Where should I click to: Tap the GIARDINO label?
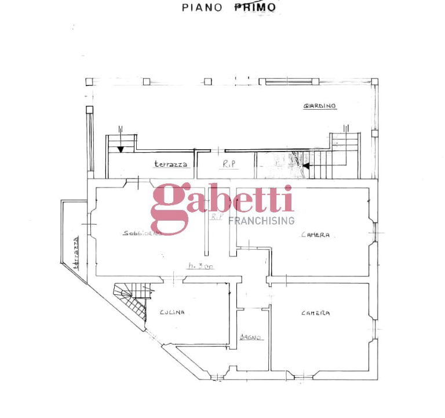click(320, 106)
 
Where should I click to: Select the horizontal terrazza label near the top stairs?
click(171, 164)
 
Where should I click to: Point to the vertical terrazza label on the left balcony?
click(75, 254)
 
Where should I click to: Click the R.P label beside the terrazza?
click(229, 164)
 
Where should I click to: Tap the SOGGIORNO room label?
click(142, 233)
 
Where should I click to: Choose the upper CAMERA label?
click(316, 235)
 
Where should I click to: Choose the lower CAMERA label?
click(316, 313)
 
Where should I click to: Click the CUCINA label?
click(172, 312)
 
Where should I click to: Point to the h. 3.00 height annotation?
click(200, 266)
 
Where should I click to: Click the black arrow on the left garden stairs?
click(120, 149)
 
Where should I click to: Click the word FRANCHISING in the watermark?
click(261, 221)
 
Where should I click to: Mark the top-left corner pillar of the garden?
click(89, 82)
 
